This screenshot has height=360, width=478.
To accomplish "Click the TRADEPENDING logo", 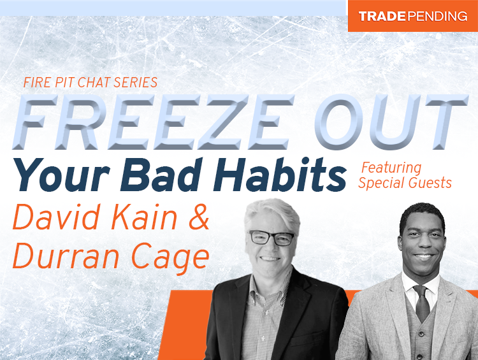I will click(412, 16).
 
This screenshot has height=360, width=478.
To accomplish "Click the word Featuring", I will click(391, 168).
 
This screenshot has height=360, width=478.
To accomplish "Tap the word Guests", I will click(428, 183).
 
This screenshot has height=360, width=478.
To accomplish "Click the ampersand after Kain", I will click(198, 218).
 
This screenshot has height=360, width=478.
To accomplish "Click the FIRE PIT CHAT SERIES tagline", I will click(90, 82).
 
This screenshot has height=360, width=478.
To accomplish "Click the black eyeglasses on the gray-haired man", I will click(272, 238).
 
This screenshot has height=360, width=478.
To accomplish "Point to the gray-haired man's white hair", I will click(271, 210).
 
